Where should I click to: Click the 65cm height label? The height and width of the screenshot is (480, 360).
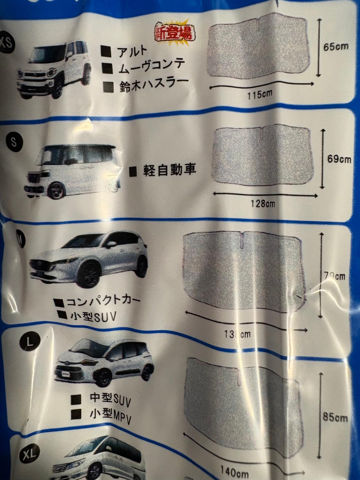(336, 47)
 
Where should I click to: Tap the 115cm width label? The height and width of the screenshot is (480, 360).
(260, 95)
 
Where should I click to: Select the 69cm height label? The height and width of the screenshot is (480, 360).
(339, 159)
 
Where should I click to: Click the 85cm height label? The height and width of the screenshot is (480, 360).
(335, 418)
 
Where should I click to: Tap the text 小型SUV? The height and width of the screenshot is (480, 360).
(93, 316)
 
